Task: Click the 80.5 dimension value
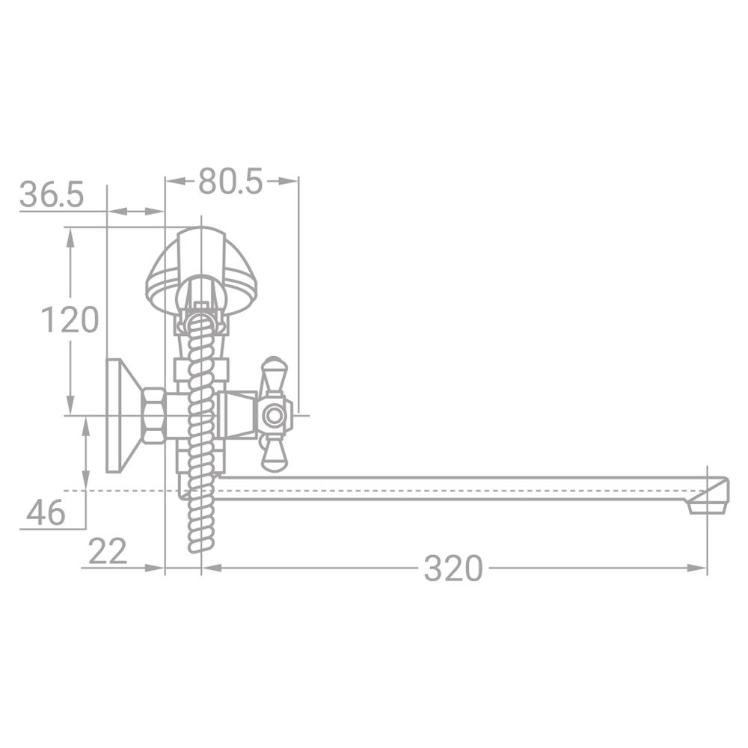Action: pos(230,182)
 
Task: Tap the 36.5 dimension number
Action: pos(52,194)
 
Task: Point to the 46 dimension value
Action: pos(46,513)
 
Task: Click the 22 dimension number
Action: pos(108,551)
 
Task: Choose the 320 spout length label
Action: pos(453,568)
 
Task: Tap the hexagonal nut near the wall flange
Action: pos(154,414)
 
